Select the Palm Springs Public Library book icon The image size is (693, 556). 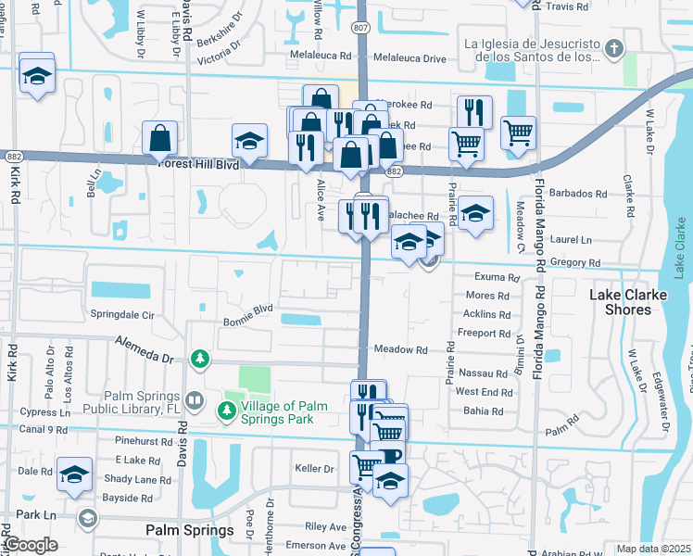[x=195, y=402]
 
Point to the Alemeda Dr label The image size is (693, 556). [x=145, y=349]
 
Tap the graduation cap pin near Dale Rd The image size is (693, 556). [x=75, y=475]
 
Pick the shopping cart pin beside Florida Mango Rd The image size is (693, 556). [x=518, y=132]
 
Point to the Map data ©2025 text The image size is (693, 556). [x=652, y=549]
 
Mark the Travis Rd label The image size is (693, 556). [x=567, y=6]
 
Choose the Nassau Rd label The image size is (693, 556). [x=483, y=372]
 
